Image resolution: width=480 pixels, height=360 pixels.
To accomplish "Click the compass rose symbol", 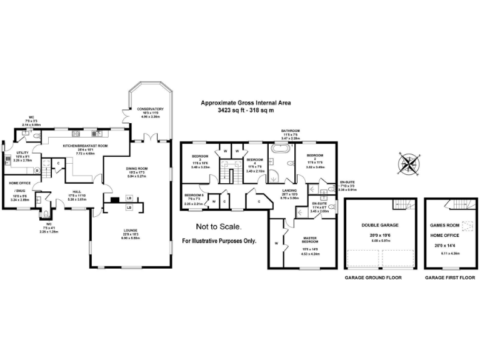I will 409,164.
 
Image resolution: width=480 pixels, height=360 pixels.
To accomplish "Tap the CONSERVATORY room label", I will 151,109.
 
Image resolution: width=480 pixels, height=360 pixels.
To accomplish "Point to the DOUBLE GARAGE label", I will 380,225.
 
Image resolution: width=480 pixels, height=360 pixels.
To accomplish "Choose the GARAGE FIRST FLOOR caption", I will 447,277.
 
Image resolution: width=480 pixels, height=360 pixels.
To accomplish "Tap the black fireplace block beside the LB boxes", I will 114,201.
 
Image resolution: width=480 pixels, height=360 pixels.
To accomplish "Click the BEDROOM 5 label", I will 195,195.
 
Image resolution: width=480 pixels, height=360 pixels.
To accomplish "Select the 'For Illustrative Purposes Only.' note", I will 219,241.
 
